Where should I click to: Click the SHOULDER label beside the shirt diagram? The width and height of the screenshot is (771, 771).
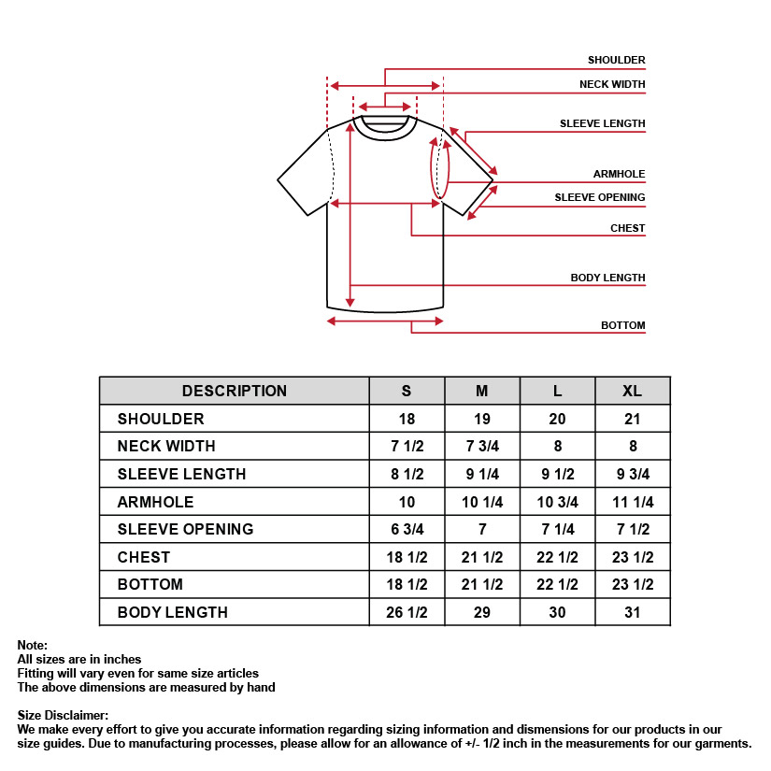[x=616, y=61]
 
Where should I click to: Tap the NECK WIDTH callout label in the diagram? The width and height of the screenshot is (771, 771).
[x=612, y=85]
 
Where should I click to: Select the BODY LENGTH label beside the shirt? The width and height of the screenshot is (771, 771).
[x=607, y=278]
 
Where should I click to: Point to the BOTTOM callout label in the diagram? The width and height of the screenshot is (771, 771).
[x=622, y=326]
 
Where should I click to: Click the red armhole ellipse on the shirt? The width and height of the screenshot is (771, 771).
[x=439, y=168]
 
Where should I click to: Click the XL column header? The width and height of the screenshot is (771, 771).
[x=632, y=391]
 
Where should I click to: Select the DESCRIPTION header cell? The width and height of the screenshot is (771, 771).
[x=234, y=391]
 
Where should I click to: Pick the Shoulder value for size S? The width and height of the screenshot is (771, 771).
[x=407, y=419]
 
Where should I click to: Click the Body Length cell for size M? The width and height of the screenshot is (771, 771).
[x=482, y=612]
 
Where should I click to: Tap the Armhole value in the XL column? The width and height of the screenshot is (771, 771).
[x=632, y=502]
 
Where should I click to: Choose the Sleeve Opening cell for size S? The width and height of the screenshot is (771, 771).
[x=407, y=529]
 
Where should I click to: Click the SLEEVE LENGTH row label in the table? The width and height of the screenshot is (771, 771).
[x=181, y=474]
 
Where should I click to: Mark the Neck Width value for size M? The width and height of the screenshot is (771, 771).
[x=482, y=447]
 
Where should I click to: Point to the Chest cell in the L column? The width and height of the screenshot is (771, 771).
[x=557, y=557]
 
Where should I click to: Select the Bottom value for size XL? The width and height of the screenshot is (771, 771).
[x=632, y=584]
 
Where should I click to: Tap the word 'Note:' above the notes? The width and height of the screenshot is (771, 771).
[x=32, y=646]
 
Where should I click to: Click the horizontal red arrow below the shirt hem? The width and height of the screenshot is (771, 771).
[x=385, y=321]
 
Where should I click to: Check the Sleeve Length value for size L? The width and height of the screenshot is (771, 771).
[x=557, y=474]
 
